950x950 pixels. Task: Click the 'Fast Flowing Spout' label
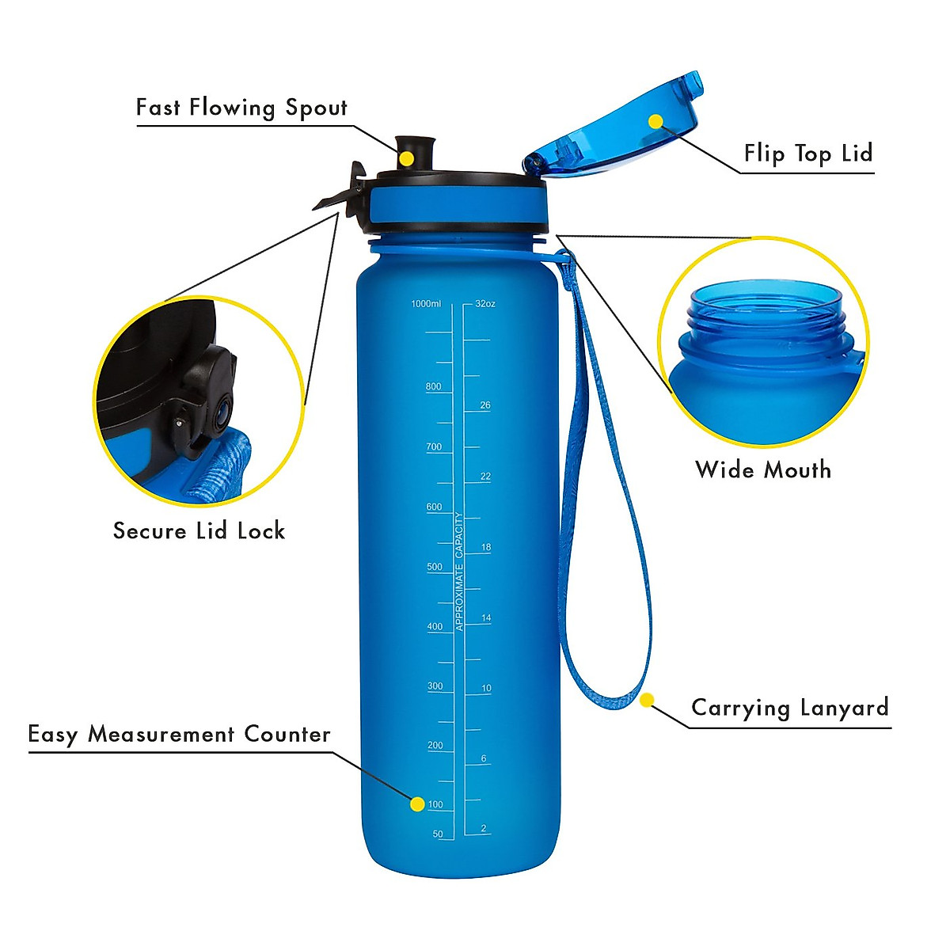tap(241, 108)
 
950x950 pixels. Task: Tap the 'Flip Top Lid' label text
tap(807, 154)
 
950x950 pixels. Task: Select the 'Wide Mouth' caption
tap(763, 469)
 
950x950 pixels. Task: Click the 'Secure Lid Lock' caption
tap(199, 530)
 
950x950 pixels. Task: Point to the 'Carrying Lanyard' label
tap(790, 707)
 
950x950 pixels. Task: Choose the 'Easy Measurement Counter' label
tap(180, 735)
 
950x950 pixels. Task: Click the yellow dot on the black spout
tap(406, 158)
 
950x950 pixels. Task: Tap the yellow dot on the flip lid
tap(655, 121)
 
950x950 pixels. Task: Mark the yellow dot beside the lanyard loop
tap(647, 700)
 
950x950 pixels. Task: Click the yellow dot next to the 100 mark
tap(417, 804)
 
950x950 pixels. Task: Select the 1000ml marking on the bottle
tap(426, 304)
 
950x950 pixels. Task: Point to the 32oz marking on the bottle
tap(485, 304)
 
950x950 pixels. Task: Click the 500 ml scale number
tap(435, 567)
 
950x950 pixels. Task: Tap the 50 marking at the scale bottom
tap(438, 834)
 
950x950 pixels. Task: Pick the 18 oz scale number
tap(486, 547)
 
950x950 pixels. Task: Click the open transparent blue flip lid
tap(614, 131)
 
